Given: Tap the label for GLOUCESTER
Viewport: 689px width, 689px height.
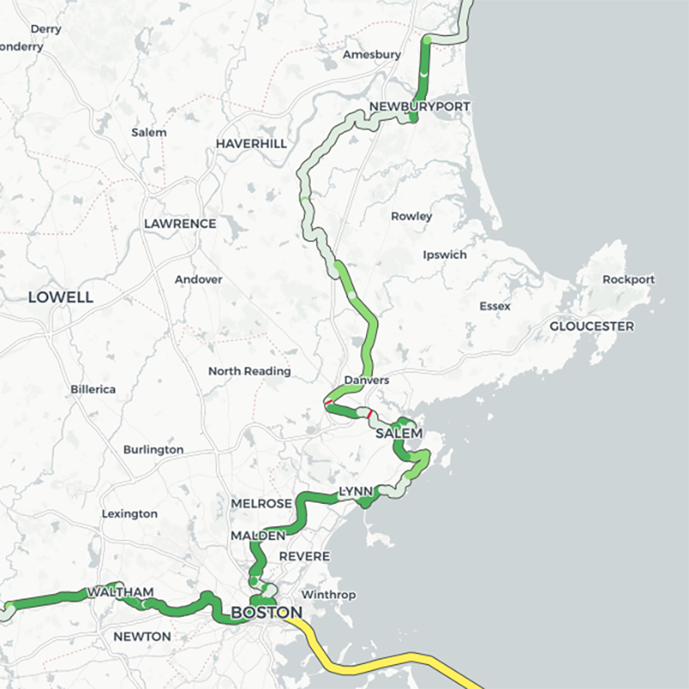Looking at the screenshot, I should point(592,326).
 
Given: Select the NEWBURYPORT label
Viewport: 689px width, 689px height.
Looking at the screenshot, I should point(419,106).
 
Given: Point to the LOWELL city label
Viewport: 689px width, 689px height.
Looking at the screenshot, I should point(60,297).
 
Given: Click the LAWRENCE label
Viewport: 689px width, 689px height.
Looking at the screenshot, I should point(180,223).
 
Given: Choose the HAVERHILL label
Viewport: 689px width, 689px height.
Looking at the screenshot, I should point(251,143).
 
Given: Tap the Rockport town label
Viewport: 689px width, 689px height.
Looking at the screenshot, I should point(629,279).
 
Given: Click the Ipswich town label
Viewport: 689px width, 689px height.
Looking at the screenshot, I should point(444,255).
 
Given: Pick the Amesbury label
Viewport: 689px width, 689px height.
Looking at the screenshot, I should point(372,54).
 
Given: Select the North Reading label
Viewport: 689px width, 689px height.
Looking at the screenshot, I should point(250,371).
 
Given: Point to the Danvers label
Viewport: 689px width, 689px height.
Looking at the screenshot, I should point(366,380).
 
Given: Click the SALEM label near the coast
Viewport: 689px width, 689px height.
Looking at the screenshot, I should point(399,433).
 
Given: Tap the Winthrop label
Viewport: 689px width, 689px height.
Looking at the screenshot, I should point(328,595).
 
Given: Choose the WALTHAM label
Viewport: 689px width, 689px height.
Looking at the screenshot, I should point(120,593).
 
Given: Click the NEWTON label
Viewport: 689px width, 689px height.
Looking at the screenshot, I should point(143,636).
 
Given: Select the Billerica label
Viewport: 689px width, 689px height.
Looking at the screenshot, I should point(93,389).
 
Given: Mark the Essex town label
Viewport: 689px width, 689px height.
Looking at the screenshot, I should point(495,306).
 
